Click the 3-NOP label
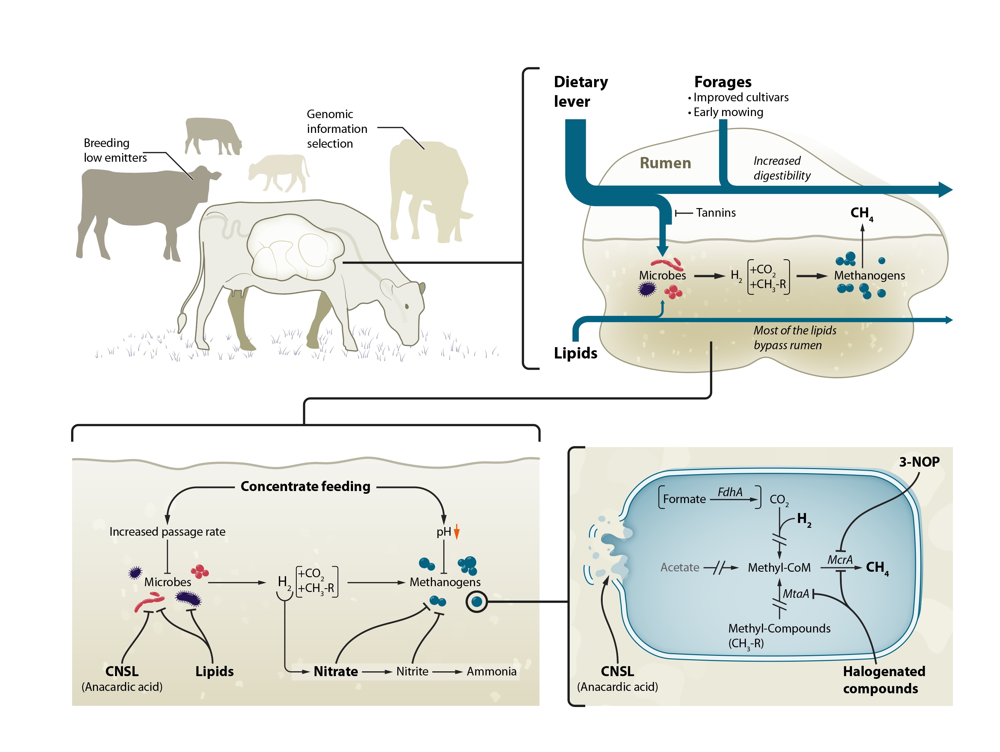click(x=919, y=462)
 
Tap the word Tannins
click(x=716, y=213)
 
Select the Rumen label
click(x=665, y=163)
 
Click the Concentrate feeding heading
click(x=305, y=486)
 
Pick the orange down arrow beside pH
click(x=457, y=532)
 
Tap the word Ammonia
click(x=491, y=672)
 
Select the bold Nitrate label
click(x=336, y=672)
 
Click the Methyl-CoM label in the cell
click(x=779, y=568)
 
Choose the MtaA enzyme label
click(x=796, y=594)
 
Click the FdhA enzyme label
click(x=730, y=492)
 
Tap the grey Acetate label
click(x=680, y=568)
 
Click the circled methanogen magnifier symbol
click(x=477, y=602)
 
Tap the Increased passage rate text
click(x=167, y=532)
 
